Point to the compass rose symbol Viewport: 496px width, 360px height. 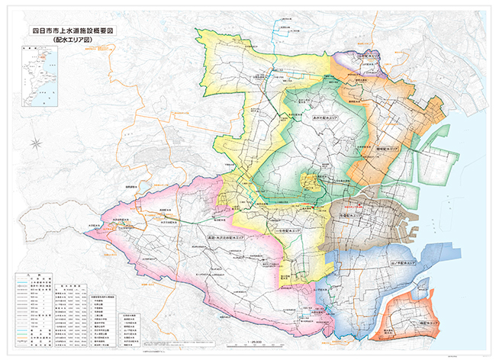36,142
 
